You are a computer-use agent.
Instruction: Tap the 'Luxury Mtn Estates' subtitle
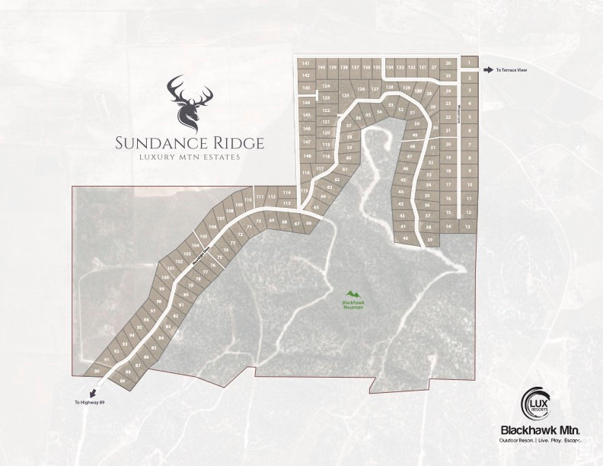tap(185, 157)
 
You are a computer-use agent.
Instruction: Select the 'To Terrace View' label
tap(512, 70)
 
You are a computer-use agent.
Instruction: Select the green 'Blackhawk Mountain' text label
tap(352, 305)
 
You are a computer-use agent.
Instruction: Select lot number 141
tap(305, 62)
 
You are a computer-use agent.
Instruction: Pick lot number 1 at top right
tap(471, 62)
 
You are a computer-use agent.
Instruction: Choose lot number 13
tap(468, 227)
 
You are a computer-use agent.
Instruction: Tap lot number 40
tap(405, 238)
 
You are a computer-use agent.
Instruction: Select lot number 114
tap(287, 193)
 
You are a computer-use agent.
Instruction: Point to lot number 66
tap(308, 223)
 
